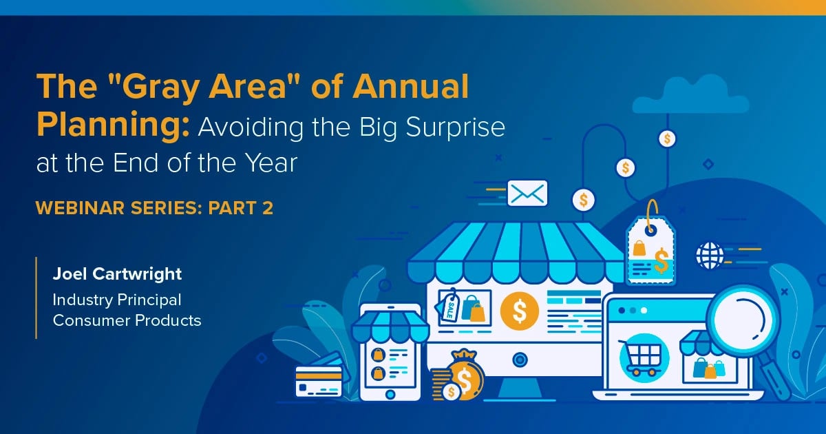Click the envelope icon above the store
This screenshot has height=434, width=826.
[x=527, y=193]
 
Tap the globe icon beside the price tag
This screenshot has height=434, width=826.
[x=709, y=255]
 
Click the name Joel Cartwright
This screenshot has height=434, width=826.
[x=117, y=273]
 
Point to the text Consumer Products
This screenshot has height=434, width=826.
[x=127, y=320]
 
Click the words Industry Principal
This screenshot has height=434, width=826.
[x=117, y=300]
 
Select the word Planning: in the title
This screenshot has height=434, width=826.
[x=114, y=127]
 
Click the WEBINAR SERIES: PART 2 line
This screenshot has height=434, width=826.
[x=155, y=207]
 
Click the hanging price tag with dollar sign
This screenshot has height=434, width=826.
[x=650, y=250]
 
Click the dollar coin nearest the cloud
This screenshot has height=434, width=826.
[x=666, y=138]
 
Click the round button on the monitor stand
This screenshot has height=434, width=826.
[x=520, y=358]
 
